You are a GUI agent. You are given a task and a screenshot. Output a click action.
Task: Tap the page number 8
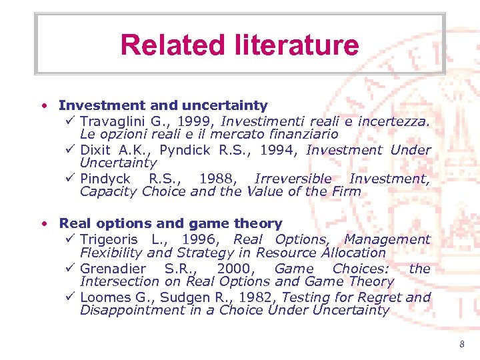[x=461, y=344]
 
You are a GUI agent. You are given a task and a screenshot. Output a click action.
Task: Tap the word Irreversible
[x=293, y=179]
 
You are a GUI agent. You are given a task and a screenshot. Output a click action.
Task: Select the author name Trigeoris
[x=108, y=239]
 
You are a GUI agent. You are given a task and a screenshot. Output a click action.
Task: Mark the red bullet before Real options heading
[x=43, y=223]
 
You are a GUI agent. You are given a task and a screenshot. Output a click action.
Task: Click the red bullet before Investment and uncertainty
[x=43, y=105]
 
